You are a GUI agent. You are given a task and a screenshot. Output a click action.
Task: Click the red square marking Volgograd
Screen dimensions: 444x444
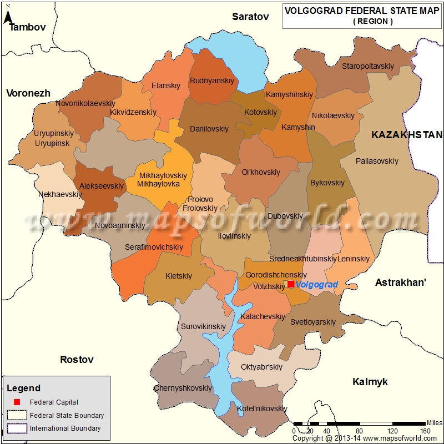click(x=291, y=284)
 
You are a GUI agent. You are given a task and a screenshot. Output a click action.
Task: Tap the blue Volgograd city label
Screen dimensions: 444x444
click(x=317, y=285)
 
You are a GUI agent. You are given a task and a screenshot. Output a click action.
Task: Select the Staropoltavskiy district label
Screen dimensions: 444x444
click(x=367, y=66)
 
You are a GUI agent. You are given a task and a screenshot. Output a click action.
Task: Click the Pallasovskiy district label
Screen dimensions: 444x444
click(x=377, y=162)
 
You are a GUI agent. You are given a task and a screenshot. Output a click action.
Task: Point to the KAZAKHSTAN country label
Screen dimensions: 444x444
click(x=407, y=135)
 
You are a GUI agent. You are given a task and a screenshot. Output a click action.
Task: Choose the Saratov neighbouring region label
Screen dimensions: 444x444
click(x=250, y=17)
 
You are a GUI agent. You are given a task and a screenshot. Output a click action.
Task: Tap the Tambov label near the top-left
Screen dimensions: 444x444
click(x=27, y=27)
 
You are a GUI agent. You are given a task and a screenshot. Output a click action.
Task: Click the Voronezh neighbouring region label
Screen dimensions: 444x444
click(x=28, y=93)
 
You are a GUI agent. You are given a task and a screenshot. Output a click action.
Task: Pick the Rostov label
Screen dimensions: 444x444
click(x=77, y=360)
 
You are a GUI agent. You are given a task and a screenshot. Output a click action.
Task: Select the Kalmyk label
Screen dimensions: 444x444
click(x=370, y=382)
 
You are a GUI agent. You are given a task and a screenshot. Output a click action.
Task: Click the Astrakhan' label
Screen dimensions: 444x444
click(x=401, y=282)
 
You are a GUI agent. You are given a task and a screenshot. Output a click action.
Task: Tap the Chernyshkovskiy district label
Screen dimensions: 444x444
click(x=183, y=388)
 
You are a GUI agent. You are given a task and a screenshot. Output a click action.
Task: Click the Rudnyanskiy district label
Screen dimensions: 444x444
click(x=212, y=81)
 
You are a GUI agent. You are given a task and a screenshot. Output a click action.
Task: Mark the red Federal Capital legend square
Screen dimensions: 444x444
click(x=17, y=402)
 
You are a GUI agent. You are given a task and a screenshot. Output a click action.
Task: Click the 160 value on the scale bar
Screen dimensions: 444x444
click(x=426, y=431)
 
